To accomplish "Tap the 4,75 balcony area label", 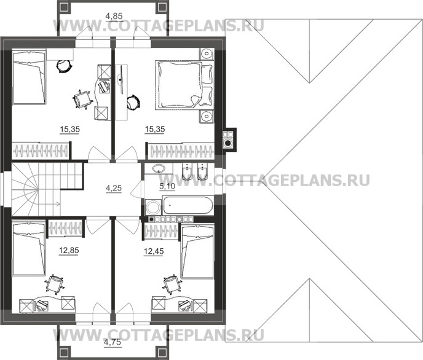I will pos(112,342).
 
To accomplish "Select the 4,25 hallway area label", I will pos(113,187).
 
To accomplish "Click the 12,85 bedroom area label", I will pos(69,250).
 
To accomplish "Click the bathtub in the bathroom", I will pos(180,206).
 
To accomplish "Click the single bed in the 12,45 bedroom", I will pos(197,252).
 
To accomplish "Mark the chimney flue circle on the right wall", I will pos(228,143).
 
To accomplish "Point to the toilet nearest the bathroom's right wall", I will pos(204,174).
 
